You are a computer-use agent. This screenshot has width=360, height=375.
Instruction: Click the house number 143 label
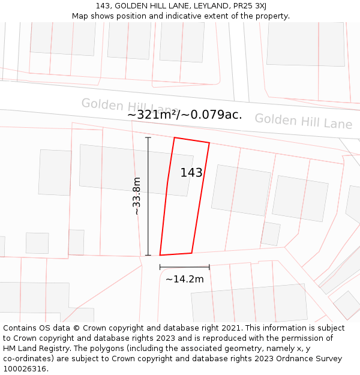191,173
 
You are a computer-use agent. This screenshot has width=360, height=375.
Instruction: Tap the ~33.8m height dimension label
137,196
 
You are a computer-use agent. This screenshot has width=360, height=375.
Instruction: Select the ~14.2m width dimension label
184,279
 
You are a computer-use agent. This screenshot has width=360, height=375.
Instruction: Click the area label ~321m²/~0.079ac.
184,115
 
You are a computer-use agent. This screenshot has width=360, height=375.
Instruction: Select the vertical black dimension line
148,196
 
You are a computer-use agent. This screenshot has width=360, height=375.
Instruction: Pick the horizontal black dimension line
184,267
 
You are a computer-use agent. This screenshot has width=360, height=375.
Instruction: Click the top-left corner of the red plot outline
175,138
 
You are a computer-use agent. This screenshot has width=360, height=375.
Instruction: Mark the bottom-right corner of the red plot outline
191,253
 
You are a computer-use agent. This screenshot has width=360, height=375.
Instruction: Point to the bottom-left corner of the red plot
160,255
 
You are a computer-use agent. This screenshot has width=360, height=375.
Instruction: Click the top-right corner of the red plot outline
209,143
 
